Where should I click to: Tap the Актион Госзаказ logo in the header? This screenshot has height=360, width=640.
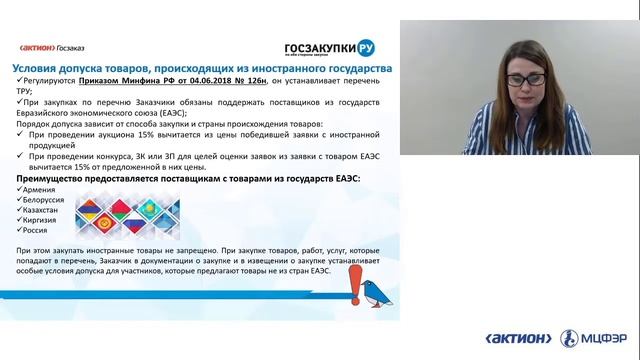(56, 46)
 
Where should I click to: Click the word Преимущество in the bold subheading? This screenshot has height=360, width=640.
(56, 176)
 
